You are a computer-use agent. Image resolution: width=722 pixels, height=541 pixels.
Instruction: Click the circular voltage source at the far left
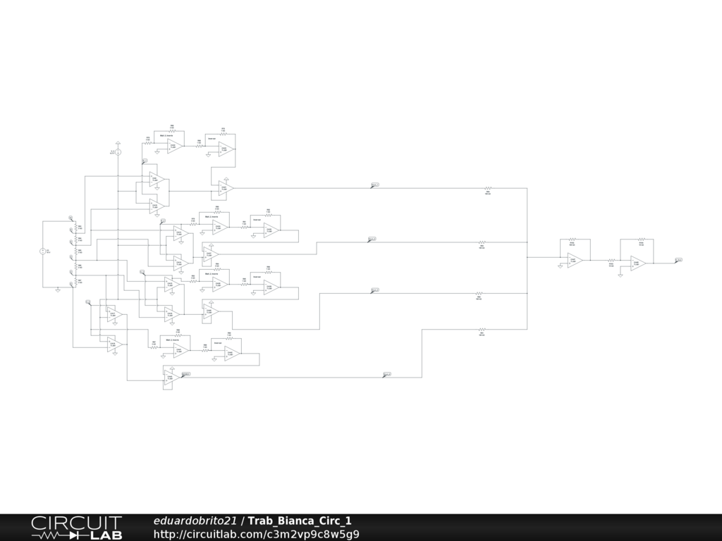tap(42, 251)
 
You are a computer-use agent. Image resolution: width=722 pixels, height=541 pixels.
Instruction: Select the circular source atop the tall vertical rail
tap(118, 152)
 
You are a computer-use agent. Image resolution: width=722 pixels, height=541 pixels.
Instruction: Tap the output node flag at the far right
tap(678, 260)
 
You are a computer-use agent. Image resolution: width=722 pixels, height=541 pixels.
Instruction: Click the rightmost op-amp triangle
tap(638, 263)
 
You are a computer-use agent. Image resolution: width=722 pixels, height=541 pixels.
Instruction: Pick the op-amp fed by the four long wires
tap(575, 260)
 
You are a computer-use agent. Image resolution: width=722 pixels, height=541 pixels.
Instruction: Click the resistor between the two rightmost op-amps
tap(611, 261)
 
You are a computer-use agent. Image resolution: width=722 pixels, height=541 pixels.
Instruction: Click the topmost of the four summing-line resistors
tap(487, 188)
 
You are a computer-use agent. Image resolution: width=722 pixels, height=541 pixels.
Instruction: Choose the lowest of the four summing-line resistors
tap(482, 329)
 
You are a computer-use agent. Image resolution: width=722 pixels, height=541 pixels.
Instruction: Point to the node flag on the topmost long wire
tap(375, 185)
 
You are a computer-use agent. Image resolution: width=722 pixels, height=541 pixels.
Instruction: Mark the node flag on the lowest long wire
tap(387, 374)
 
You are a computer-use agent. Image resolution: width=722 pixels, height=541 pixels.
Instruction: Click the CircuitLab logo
tap(76, 527)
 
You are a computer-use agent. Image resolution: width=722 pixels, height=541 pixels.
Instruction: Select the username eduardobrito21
tap(195, 521)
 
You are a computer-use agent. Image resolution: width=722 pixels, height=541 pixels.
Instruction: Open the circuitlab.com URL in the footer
tap(256, 534)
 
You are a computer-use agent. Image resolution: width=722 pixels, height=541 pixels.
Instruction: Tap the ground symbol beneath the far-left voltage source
tap(58, 290)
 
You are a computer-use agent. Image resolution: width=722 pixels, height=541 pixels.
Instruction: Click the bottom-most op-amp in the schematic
tap(169, 378)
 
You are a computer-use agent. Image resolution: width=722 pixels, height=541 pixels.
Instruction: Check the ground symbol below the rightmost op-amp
tap(620, 275)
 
